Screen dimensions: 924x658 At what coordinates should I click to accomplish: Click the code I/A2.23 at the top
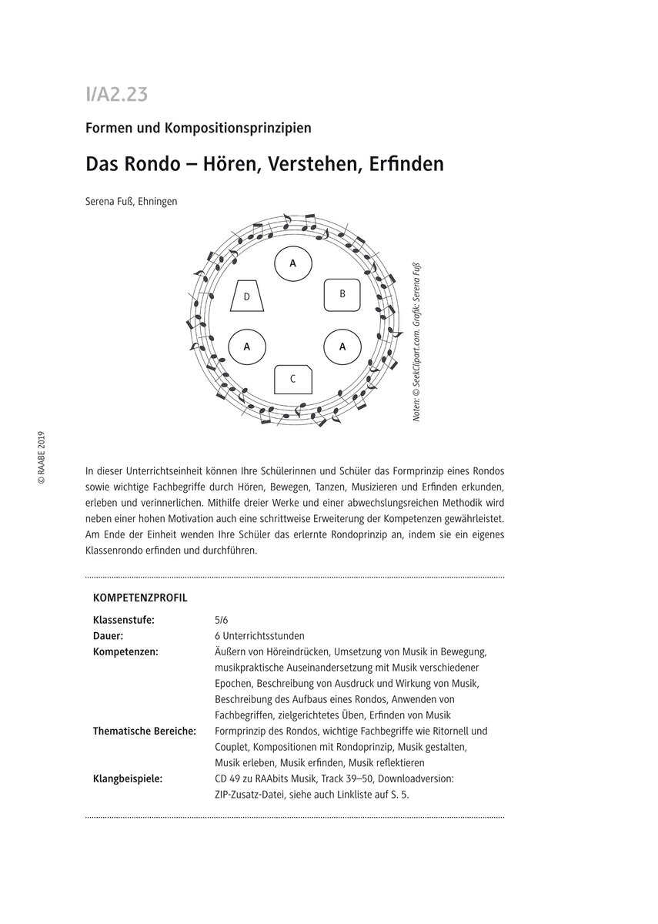[x=116, y=95]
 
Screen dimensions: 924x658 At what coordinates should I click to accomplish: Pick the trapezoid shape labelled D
[x=247, y=296]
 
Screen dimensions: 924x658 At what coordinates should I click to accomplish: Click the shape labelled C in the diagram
[x=293, y=378]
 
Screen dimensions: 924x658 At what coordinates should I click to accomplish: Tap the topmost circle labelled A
[x=292, y=263]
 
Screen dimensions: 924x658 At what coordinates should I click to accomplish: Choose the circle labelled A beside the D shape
[x=247, y=346]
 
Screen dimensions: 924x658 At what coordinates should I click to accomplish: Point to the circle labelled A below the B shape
[x=342, y=346]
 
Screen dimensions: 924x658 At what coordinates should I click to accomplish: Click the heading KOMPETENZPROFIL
[x=140, y=598]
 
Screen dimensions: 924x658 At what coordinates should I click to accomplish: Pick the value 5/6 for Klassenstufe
[x=222, y=619]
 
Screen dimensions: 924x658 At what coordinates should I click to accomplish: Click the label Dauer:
[x=109, y=635]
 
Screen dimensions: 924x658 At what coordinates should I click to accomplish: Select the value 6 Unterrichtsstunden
[x=260, y=635]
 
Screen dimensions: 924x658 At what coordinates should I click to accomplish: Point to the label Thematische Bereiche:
[x=144, y=731]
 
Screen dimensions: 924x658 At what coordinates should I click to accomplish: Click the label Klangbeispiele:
[x=128, y=778]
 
